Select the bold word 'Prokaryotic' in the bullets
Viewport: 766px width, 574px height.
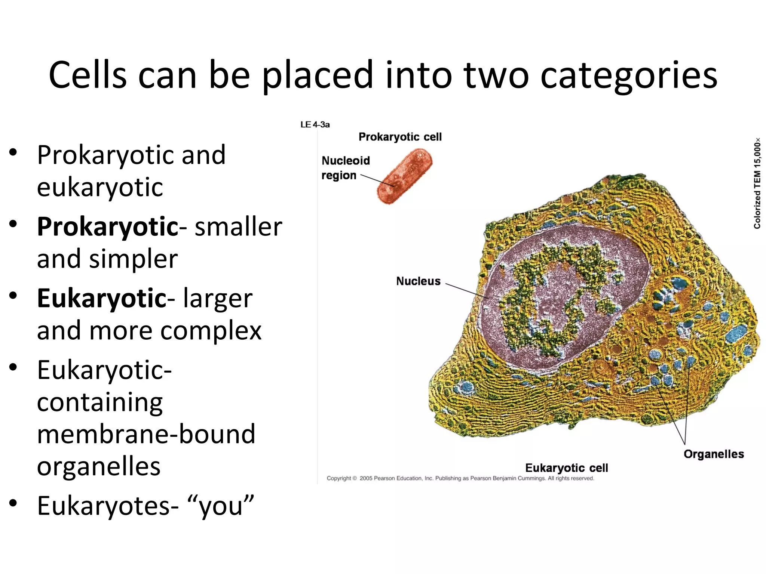pos(108,227)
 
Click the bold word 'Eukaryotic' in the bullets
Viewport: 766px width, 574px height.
pos(102,299)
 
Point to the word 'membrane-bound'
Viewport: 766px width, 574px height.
pos(146,434)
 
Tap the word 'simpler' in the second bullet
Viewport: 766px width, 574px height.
pos(133,259)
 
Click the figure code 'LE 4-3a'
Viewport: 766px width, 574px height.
pos(315,125)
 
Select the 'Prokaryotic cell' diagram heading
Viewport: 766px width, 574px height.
pos(400,137)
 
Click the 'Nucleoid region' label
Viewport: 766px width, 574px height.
pos(345,168)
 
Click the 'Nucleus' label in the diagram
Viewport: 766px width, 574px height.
pos(418,281)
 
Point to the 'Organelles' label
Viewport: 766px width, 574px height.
pos(713,454)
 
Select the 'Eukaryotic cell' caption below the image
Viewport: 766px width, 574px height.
pos(566,468)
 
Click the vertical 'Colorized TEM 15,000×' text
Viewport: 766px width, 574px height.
pos(757,183)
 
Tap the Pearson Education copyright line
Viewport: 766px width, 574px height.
pos(460,478)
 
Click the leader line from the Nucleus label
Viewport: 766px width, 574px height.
pos(468,291)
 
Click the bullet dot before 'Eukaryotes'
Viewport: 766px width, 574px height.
pos(13,503)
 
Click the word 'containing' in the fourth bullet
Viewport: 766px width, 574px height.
pos(100,402)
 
